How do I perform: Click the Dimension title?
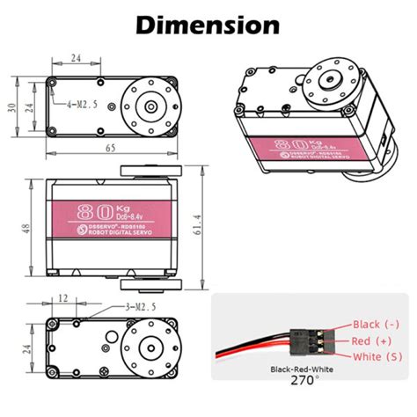pyautogui.click(x=208, y=24)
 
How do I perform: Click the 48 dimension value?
pyautogui.click(x=26, y=229)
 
